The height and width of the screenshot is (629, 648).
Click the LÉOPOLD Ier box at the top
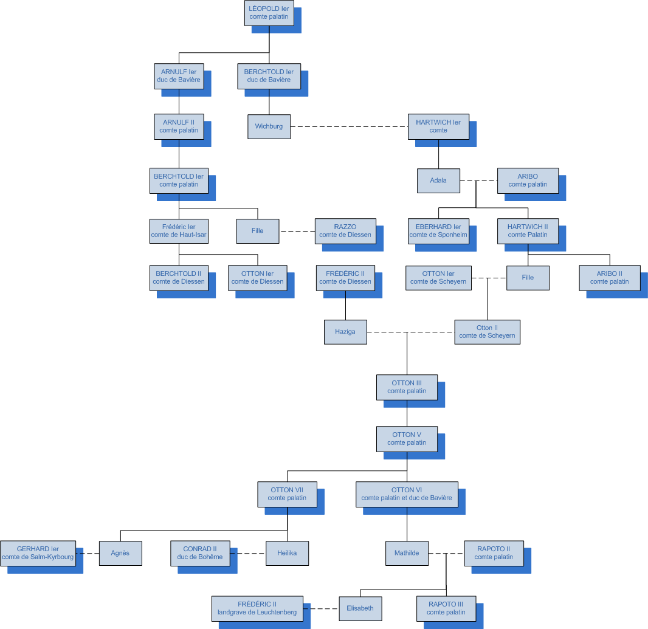[269, 13]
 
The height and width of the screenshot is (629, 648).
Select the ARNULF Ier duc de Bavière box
[179, 76]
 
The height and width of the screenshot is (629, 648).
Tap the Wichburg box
[269, 126]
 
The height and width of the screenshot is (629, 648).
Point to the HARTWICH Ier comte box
[438, 126]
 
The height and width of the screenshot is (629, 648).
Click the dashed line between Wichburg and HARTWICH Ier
[349, 126]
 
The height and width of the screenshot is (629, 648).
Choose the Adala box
[438, 180]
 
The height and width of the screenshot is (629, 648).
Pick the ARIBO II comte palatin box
[610, 278]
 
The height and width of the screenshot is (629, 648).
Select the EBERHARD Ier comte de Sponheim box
[438, 231]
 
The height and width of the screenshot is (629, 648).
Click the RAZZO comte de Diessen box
[345, 231]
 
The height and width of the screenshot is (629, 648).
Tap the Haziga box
[345, 332]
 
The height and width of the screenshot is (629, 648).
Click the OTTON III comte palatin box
[407, 387]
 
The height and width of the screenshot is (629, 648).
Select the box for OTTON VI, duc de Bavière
[407, 494]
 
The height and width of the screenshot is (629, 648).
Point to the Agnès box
[120, 553]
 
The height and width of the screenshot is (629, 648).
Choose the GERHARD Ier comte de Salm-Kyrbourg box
[38, 553]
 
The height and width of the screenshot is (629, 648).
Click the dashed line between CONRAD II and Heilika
[252, 553]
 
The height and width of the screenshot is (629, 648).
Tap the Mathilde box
[407, 553]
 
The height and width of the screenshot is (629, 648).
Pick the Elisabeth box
[360, 608]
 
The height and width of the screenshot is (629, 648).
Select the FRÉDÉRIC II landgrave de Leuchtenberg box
[257, 608]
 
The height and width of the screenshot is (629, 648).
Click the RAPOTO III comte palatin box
[446, 608]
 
